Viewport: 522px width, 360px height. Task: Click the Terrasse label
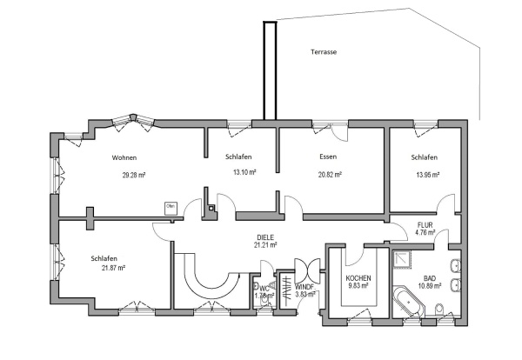(324, 52)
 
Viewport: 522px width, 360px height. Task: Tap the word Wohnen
(124, 157)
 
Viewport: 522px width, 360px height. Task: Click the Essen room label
(328, 157)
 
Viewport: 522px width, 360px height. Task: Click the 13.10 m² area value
(244, 172)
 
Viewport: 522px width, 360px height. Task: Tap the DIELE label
(264, 237)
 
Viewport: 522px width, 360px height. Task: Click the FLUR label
(425, 223)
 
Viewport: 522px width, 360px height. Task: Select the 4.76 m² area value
(425, 232)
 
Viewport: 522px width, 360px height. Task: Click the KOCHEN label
(358, 278)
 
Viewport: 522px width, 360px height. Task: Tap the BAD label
(431, 277)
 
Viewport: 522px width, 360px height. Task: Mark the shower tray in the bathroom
(403, 258)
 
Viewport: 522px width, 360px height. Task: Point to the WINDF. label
(304, 286)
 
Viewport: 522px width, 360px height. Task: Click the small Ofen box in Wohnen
(171, 207)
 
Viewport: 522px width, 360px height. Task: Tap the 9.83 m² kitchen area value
(358, 286)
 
